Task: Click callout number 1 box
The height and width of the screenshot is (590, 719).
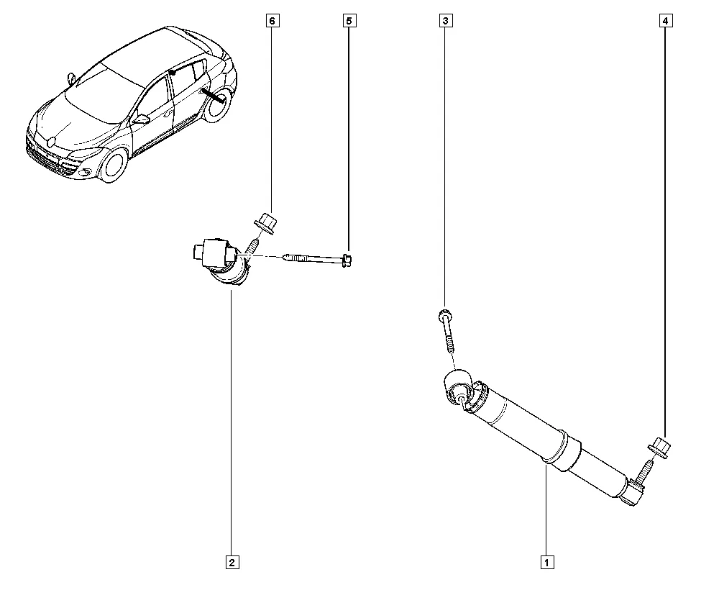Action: pos(546,562)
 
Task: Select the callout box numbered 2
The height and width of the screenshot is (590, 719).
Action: pos(232,562)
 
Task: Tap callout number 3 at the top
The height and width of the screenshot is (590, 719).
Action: pos(446,21)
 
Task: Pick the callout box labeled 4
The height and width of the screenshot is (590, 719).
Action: pos(666,21)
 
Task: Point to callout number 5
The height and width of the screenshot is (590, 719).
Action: pos(349,21)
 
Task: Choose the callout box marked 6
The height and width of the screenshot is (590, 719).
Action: pos(272,21)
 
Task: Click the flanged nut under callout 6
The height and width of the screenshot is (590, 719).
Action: pos(266,223)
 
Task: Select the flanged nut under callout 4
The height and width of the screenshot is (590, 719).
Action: pos(659,448)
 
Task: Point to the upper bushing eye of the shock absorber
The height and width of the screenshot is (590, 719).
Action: pos(458,387)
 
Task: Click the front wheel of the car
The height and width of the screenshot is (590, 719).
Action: pos(114,165)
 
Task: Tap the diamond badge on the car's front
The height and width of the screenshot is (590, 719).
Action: pos(51,142)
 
